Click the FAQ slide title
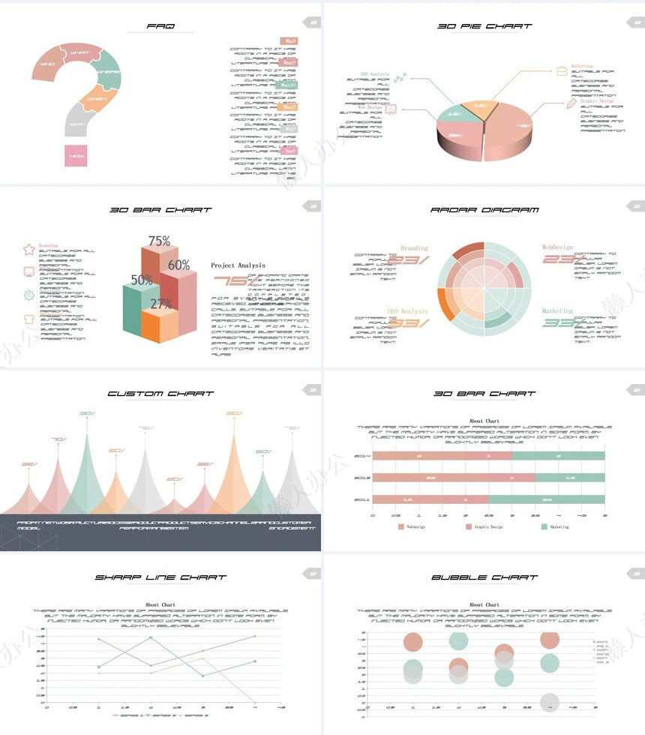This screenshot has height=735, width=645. [160, 26]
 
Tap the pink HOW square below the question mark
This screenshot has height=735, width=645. [76, 155]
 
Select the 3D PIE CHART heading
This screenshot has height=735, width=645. [484, 26]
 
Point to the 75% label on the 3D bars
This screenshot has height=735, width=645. [159, 241]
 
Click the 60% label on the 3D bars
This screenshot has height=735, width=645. [178, 265]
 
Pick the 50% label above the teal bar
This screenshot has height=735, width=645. [142, 280]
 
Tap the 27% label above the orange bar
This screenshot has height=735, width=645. [160, 304]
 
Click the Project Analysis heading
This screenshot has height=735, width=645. [238, 265]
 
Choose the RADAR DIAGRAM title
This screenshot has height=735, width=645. [484, 210]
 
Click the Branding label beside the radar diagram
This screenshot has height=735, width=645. [414, 248]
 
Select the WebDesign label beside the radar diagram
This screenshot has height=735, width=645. [557, 247]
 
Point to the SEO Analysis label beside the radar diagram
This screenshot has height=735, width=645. [407, 310]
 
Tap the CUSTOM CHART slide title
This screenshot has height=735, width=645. [160, 393]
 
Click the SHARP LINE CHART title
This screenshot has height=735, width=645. [160, 577]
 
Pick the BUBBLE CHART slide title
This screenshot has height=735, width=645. [484, 577]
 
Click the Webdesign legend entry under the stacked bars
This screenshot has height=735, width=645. [415, 527]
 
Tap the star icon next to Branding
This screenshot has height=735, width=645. [29, 249]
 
